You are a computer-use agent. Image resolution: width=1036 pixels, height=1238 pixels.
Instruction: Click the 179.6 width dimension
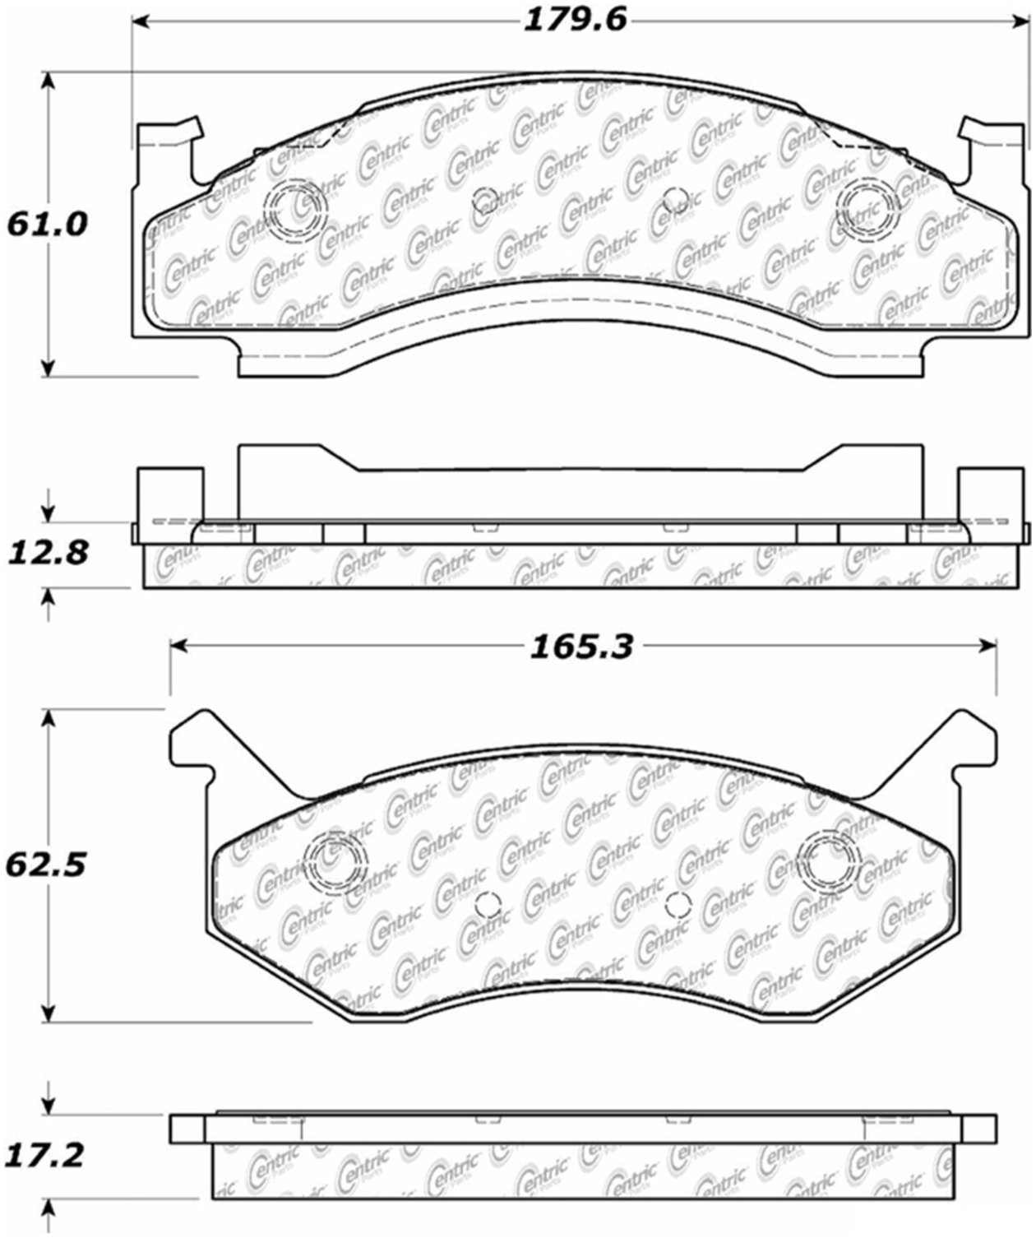(x=575, y=20)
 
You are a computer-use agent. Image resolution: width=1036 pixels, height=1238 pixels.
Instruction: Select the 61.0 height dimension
(x=47, y=224)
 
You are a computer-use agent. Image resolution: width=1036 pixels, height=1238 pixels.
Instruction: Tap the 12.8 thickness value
(x=47, y=553)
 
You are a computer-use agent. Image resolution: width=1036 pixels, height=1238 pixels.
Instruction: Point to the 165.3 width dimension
(x=580, y=647)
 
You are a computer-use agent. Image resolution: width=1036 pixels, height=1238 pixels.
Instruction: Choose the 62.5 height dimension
(x=47, y=865)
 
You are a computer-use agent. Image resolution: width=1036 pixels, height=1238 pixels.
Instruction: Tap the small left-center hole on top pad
(x=485, y=198)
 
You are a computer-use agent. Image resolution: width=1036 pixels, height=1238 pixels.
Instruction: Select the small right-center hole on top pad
(x=675, y=198)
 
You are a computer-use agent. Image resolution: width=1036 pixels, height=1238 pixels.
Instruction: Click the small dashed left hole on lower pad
(x=488, y=905)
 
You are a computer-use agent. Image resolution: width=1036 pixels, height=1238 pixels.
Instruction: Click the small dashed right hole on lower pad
(x=678, y=905)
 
